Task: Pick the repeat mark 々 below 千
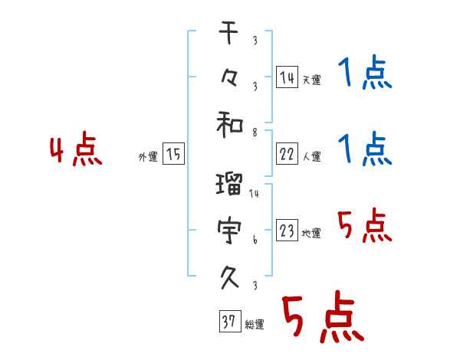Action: coord(230,77)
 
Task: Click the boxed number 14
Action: coord(286,76)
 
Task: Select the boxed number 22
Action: coord(286,154)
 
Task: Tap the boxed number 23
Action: coord(286,231)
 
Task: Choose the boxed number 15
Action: coord(174,154)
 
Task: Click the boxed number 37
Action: coord(228,322)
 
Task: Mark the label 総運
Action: coord(255,325)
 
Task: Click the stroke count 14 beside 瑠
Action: coord(254,194)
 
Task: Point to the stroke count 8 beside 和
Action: coord(254,133)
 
